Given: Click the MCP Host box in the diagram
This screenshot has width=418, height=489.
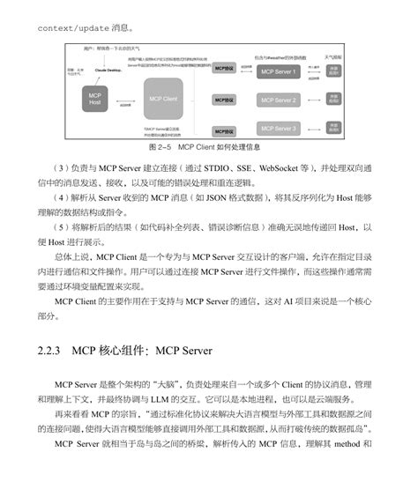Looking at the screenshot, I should pyautogui.click(x=95, y=99).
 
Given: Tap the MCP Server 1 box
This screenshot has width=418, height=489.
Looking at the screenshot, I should pyautogui.click(x=277, y=70).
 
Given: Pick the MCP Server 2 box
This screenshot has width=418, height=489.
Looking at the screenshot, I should pyautogui.click(x=277, y=100).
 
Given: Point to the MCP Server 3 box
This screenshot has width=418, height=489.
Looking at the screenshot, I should pyautogui.click(x=277, y=129).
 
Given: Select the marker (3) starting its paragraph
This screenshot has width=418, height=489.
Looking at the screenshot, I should pyautogui.click(x=60, y=167).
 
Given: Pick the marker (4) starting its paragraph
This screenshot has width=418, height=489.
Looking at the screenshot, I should pyautogui.click(x=60, y=197).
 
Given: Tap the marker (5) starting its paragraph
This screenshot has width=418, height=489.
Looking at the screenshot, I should pyautogui.click(x=60, y=226).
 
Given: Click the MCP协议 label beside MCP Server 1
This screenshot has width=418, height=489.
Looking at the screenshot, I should pyautogui.click(x=225, y=67).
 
